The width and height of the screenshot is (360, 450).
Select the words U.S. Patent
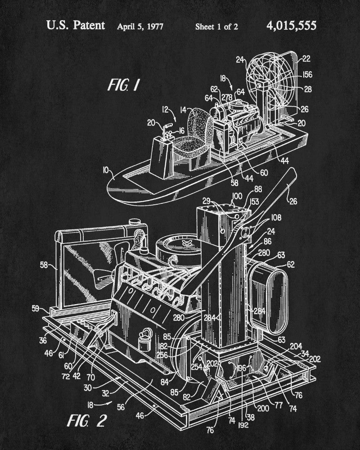tap(75, 25)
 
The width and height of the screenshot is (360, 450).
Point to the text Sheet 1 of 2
tap(216, 26)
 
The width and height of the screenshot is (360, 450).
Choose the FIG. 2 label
tap(86, 421)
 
